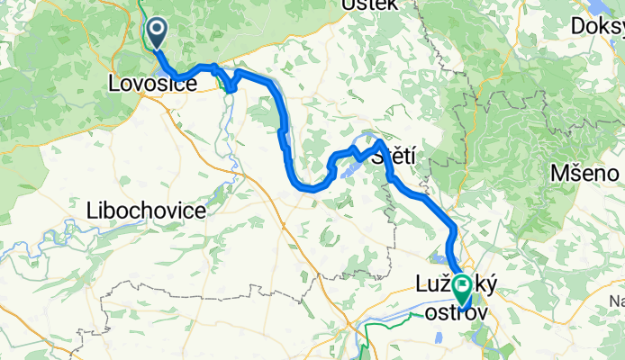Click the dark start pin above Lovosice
157,33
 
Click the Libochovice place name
146,211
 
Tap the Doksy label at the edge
598,27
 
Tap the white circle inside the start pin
157,30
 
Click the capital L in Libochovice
91,211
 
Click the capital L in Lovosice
112,85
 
